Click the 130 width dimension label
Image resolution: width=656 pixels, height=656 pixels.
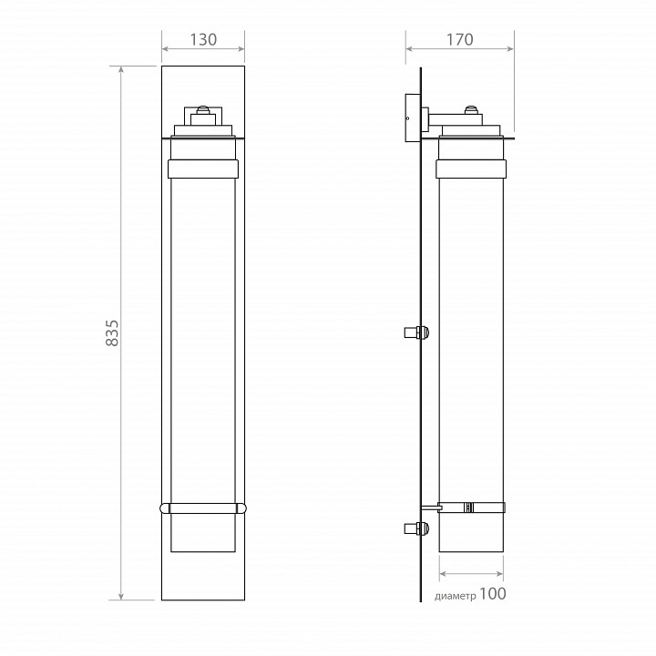click(203, 40)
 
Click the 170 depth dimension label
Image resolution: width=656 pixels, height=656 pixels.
click(460, 40)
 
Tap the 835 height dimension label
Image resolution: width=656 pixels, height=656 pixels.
click(112, 333)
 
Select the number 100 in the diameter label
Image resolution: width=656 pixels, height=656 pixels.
click(492, 594)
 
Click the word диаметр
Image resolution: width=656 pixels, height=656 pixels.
click(456, 596)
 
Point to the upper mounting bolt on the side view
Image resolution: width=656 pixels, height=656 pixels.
click(416, 333)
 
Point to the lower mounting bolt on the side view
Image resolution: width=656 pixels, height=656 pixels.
click(416, 528)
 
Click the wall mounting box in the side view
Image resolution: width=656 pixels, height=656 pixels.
click(413, 118)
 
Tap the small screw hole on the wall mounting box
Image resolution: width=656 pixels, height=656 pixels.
click(408, 118)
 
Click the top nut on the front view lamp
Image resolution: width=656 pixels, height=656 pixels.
click(203, 110)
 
